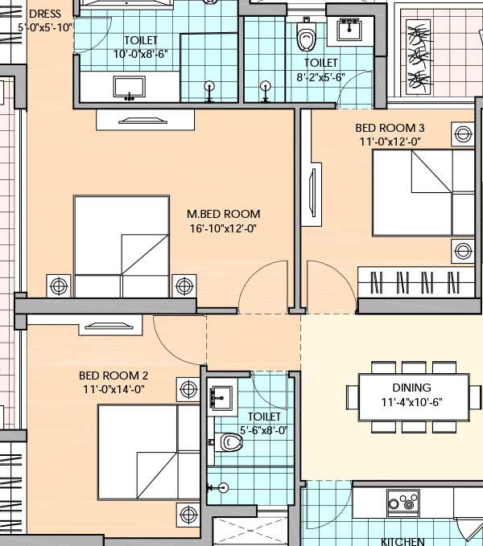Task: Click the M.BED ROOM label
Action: [223, 214]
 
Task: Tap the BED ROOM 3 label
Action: [390, 128]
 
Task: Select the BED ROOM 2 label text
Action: [114, 376]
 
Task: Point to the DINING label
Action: [407, 387]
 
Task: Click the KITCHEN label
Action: [402, 541]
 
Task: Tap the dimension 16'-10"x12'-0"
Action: [225, 228]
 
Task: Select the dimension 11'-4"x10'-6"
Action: [407, 401]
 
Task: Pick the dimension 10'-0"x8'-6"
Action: [140, 55]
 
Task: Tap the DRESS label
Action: [44, 14]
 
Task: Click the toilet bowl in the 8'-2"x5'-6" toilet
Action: [305, 37]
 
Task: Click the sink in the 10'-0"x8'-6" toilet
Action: [129, 87]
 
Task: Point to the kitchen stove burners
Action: [400, 503]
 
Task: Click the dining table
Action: [407, 394]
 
